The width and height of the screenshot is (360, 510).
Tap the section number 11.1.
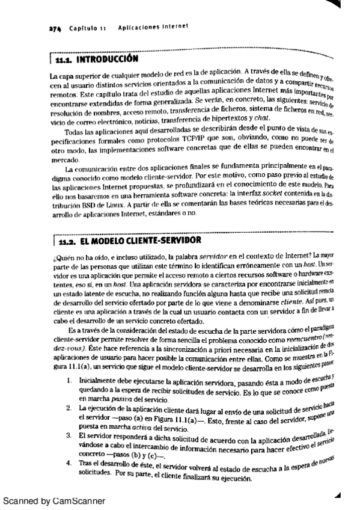(63, 61)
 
